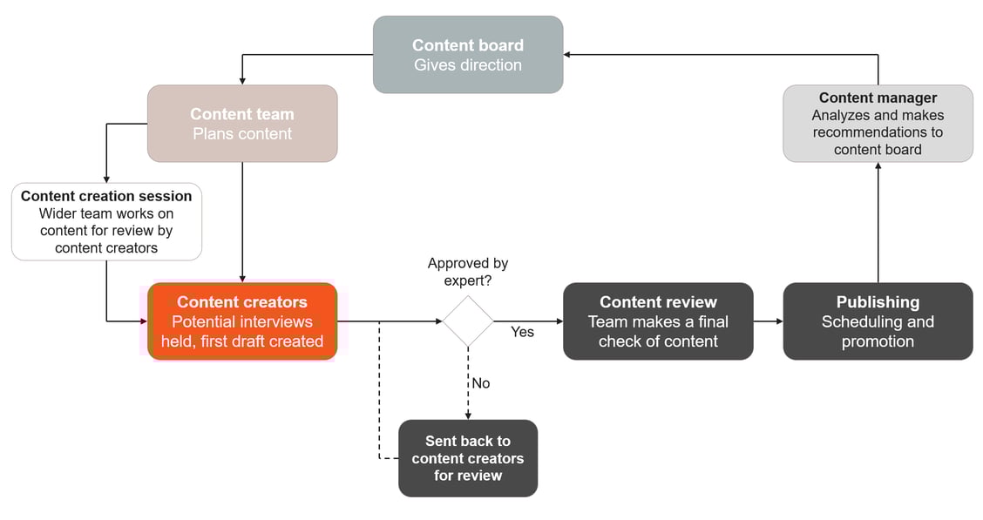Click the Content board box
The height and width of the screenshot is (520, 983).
click(468, 54)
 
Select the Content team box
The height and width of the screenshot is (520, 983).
click(242, 124)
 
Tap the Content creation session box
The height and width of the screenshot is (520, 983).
click(106, 221)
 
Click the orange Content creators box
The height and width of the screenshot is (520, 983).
click(242, 321)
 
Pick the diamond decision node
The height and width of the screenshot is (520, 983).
click(468, 321)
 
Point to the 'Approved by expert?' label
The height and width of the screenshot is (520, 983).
click(468, 271)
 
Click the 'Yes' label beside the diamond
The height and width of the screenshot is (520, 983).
click(522, 332)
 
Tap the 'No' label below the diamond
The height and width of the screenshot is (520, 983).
click(480, 383)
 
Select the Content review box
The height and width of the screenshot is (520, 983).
click(658, 321)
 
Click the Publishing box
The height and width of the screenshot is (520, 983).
click(878, 321)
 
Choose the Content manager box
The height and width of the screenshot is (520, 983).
click(878, 123)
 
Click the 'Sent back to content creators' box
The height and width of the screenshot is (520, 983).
click(468, 458)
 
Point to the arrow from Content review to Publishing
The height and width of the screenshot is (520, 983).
click(768, 321)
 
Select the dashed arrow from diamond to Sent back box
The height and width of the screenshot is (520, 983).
click(468, 383)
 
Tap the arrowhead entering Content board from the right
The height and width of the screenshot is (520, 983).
click(568, 54)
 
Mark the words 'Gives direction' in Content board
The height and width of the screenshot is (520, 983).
click(468, 65)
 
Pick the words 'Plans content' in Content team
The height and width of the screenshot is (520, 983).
click(242, 134)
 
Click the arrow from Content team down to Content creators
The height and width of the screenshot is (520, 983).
click(242, 222)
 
